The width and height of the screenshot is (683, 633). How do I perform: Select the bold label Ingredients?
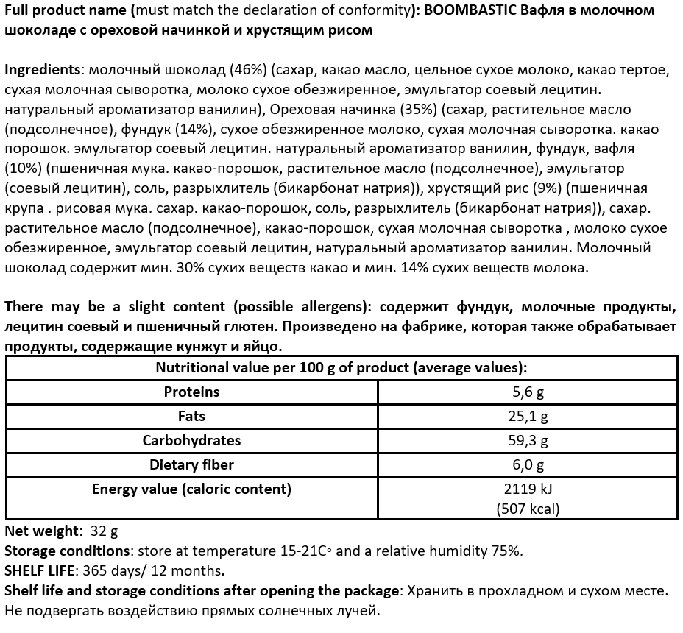point(42,70)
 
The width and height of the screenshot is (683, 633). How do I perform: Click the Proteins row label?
point(191,392)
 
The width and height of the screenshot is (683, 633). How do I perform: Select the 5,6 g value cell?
point(528,392)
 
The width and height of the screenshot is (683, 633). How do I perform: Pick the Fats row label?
point(191,417)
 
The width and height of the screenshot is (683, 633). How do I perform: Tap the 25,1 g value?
point(528,417)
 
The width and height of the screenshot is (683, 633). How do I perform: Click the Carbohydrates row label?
point(191,440)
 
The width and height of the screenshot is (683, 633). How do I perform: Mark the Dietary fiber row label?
point(191,464)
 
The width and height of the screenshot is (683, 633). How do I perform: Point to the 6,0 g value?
point(528,464)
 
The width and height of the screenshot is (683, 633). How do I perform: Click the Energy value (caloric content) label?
point(191,489)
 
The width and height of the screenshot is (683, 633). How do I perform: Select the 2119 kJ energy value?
point(528,489)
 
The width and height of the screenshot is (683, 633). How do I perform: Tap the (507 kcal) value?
point(528,508)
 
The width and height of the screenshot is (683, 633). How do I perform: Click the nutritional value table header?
point(341,368)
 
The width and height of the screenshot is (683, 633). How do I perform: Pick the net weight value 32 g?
point(104,531)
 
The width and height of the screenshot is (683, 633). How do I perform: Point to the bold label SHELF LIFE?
point(40,570)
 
